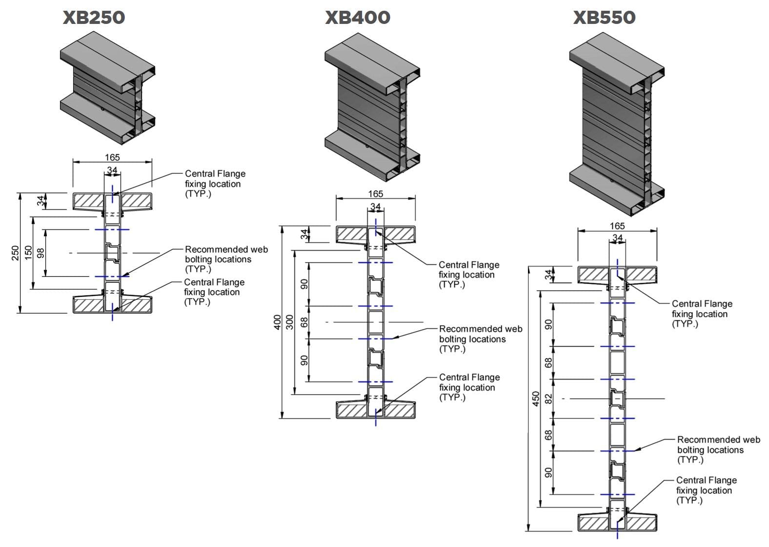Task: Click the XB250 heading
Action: coord(94,18)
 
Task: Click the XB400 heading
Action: coord(358,18)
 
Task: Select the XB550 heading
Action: coord(604,18)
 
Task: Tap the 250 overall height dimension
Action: coord(15,253)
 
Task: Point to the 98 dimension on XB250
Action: coord(41,253)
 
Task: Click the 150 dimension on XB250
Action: coord(28,253)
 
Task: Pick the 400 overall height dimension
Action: coord(277,322)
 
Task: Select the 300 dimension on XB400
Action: coord(290,322)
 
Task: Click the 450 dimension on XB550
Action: coord(536,399)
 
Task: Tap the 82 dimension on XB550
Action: coord(548,399)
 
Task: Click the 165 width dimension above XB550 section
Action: coord(617,226)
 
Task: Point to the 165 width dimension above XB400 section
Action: coord(375,194)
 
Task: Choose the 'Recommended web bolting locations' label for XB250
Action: coord(226,259)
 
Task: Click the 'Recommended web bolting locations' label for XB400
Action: coord(480,339)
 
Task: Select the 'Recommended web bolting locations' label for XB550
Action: coord(718,450)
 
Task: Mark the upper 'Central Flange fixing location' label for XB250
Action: coord(215,184)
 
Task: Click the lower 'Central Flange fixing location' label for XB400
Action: coord(469,387)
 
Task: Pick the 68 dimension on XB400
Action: coord(304,322)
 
